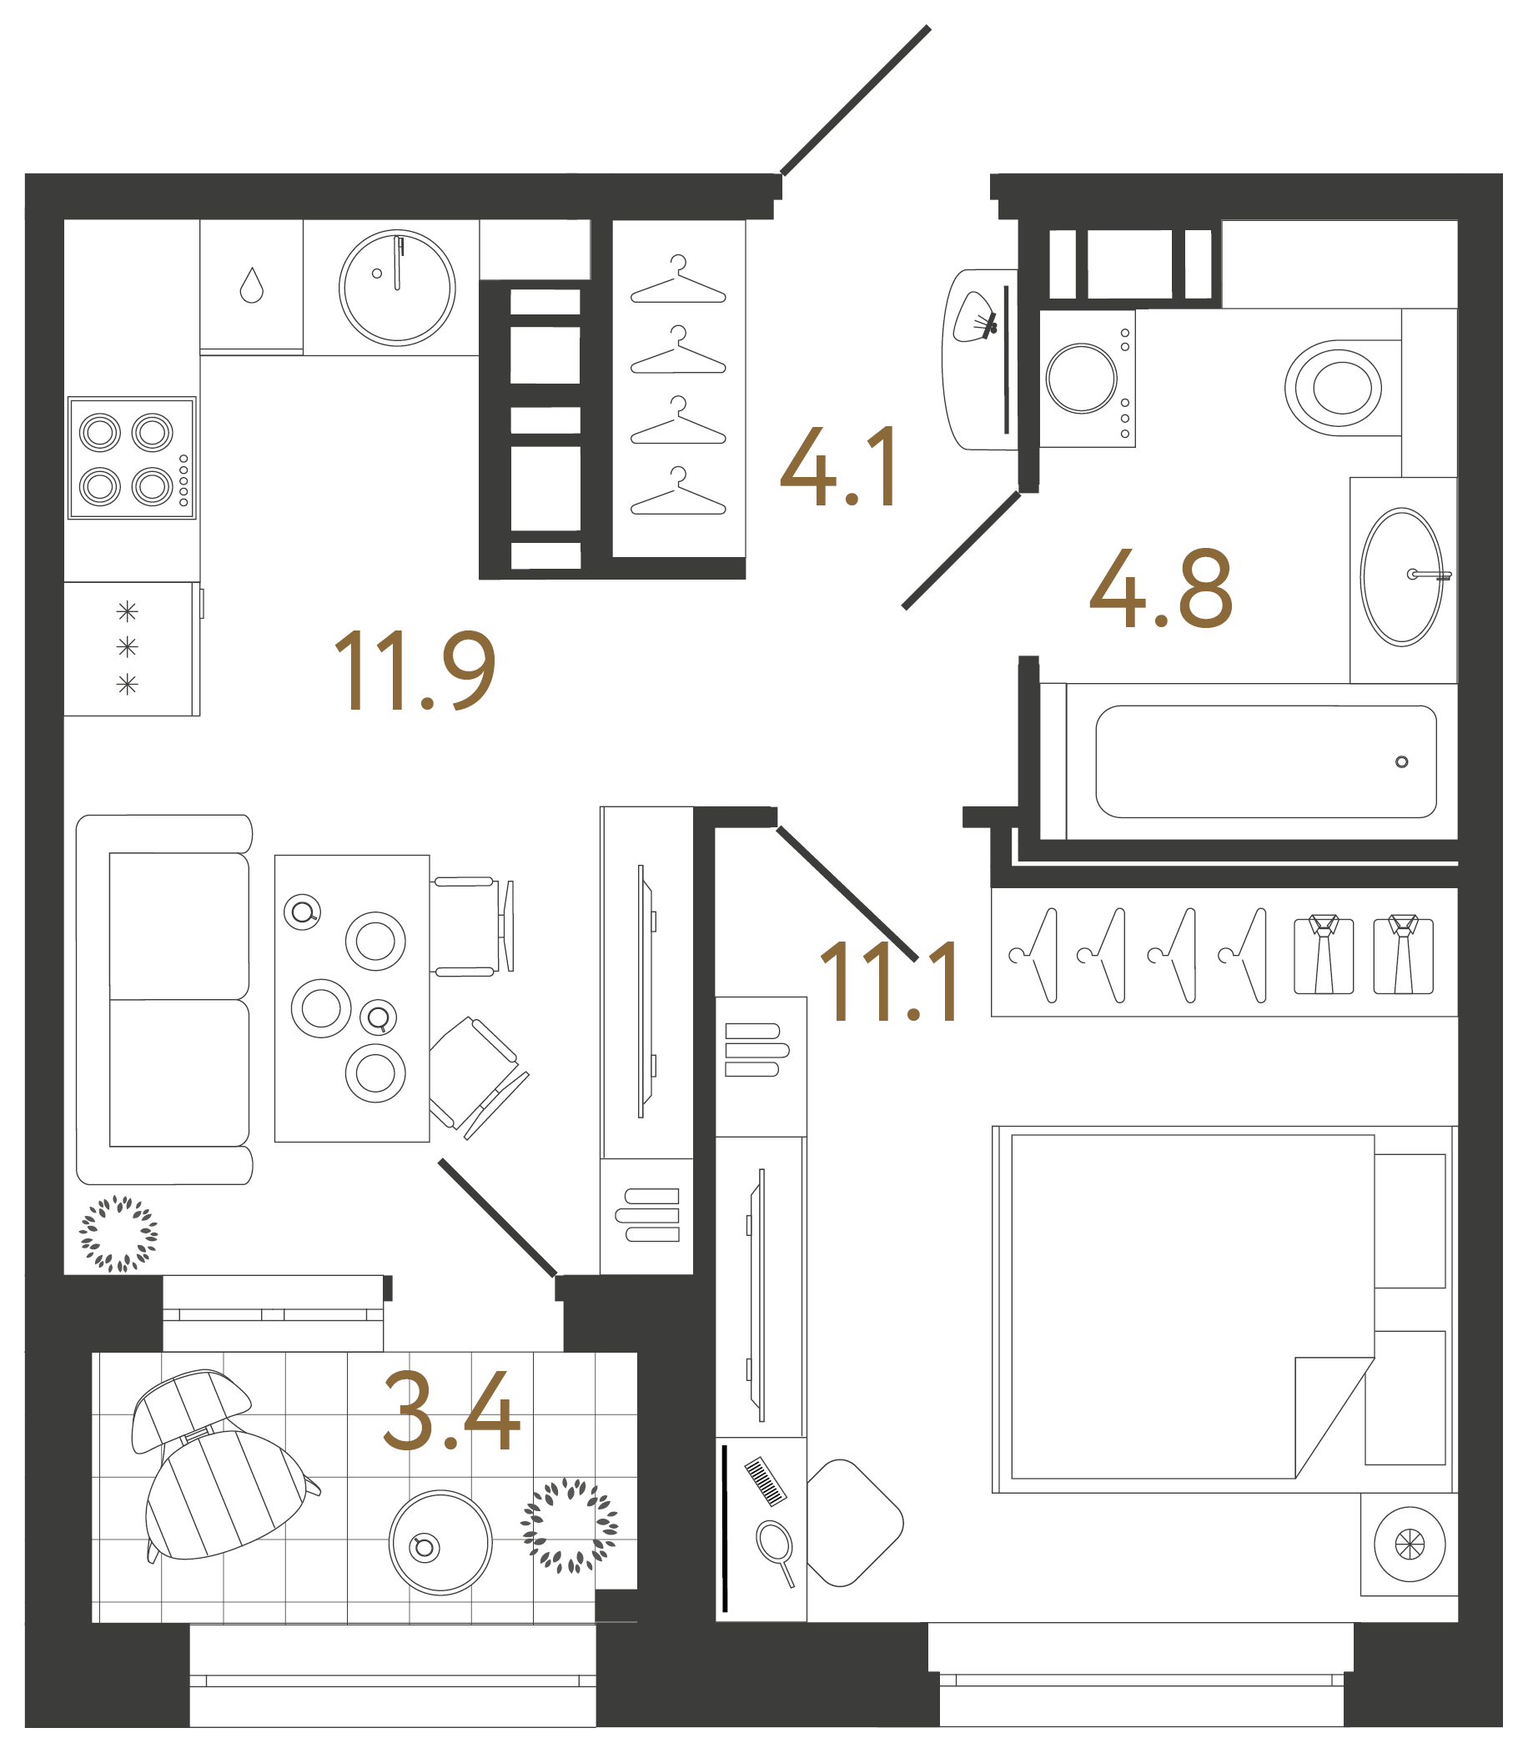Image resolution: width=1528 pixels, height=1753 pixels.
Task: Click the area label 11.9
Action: click(x=415, y=671)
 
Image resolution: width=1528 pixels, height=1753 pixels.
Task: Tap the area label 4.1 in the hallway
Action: click(x=839, y=466)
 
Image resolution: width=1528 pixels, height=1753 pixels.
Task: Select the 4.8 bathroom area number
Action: click(x=1161, y=588)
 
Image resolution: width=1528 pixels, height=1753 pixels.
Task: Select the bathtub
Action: click(x=1265, y=761)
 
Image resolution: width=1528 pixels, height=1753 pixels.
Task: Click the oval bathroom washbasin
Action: click(x=1401, y=577)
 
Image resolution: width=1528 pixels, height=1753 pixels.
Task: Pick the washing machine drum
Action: click(x=1081, y=379)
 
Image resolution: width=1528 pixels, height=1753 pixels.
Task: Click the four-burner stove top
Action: click(x=131, y=458)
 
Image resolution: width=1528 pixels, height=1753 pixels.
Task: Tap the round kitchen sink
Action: click(x=396, y=288)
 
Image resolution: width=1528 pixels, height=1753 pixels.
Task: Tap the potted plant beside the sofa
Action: click(x=118, y=1233)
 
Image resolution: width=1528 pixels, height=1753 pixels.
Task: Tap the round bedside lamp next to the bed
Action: click(x=1410, y=1545)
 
